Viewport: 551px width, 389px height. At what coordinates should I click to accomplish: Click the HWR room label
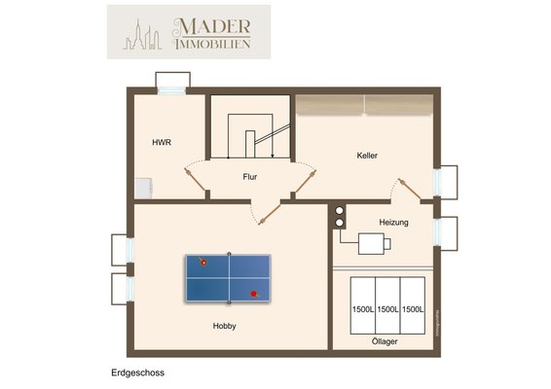[162, 143]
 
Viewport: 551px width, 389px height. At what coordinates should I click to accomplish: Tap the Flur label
[250, 177]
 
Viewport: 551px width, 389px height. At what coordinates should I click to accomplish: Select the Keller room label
[367, 156]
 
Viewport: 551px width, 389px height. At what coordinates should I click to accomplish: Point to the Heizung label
[393, 223]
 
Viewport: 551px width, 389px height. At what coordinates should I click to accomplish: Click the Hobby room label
[224, 326]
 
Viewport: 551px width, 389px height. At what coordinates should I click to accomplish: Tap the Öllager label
[385, 341]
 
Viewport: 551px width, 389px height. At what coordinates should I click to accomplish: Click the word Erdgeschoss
[138, 372]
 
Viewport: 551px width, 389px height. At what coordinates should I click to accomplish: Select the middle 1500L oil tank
[387, 305]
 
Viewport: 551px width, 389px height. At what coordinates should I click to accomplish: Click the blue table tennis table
[228, 278]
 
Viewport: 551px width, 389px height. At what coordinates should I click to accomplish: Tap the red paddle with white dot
[203, 262]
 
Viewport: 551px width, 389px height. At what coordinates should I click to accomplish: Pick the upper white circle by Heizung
[339, 211]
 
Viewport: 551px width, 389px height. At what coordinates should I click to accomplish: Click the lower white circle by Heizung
[339, 223]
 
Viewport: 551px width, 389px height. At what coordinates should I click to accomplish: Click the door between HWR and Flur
[195, 180]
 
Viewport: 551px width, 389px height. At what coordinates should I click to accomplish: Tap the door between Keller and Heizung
[410, 190]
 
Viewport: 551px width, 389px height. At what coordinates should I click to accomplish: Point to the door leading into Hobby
[270, 214]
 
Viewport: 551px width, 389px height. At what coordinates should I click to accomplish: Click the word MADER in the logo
[212, 26]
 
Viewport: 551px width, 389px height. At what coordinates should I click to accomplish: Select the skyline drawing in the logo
[142, 34]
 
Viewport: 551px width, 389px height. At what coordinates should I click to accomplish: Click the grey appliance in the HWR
[143, 189]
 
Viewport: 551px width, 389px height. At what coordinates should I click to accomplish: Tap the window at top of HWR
[171, 91]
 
